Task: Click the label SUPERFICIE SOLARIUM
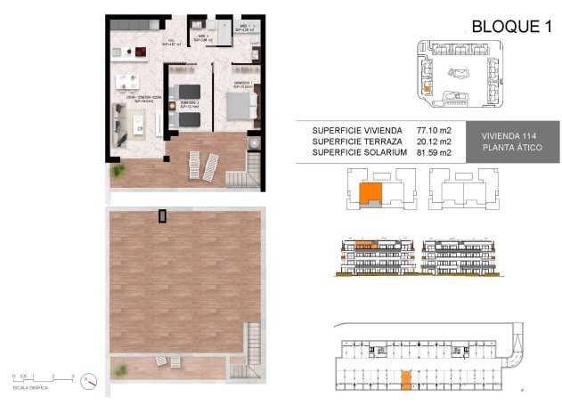tap(360, 153)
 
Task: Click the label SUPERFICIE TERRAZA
tap(356, 142)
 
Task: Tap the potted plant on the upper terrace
tap(255, 142)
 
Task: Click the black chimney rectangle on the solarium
tap(162, 215)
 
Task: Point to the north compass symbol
tap(87, 380)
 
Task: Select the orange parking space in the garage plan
tap(405, 380)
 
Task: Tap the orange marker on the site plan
tap(427, 88)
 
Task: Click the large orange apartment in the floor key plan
tap(369, 193)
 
